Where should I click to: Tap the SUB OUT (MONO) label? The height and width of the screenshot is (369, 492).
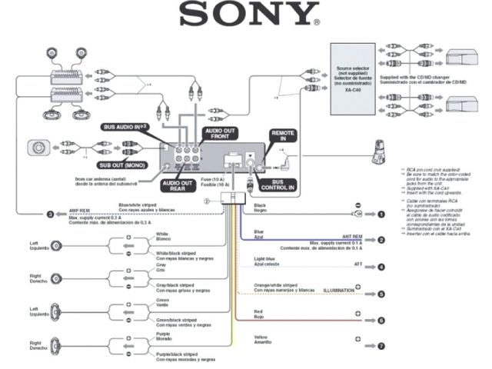click(124, 164)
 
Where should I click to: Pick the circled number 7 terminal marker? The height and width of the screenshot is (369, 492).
click(380, 347)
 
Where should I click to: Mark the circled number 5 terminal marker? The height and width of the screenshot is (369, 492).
click(380, 294)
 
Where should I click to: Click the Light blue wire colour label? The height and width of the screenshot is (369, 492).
click(264, 259)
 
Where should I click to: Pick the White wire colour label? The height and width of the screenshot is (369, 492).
click(162, 234)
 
